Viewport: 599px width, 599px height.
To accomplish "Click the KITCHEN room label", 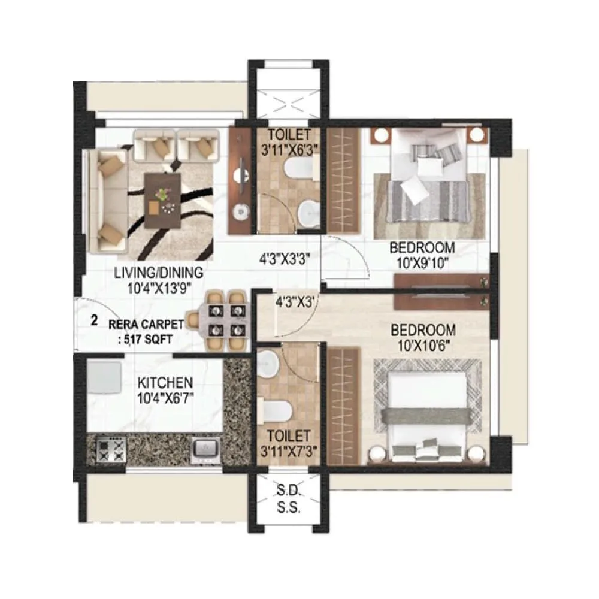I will [165, 382].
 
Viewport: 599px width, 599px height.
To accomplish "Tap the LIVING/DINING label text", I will [159, 273].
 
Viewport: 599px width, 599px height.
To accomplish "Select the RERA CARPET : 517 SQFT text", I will [146, 331].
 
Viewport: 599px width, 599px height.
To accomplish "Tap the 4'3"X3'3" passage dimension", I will [284, 261].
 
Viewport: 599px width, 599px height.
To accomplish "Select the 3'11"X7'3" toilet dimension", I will [289, 450].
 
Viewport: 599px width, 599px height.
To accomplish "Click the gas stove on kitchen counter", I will [110, 449].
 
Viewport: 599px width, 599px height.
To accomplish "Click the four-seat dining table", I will [223, 320].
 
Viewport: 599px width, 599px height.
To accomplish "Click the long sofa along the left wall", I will [108, 201].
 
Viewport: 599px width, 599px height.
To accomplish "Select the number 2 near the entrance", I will [94, 320].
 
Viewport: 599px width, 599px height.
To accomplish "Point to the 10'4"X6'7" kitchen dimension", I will [165, 396].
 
